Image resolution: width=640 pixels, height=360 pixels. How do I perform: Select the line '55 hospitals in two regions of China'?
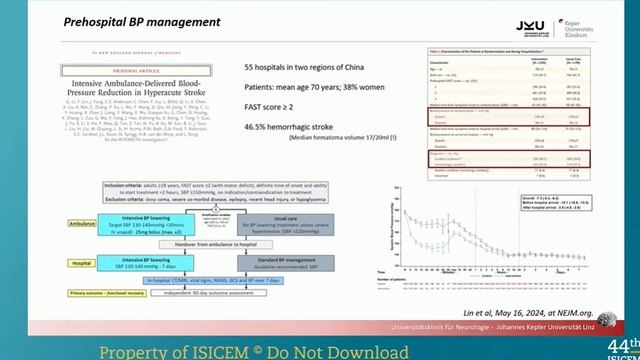tap(305, 66)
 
